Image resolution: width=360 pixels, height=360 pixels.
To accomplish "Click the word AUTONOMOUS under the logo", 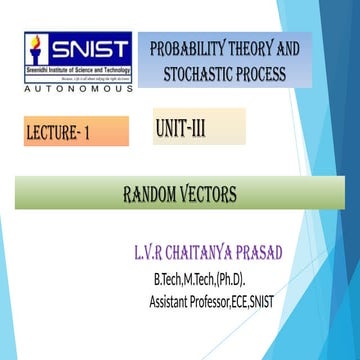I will pos(76,91).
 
